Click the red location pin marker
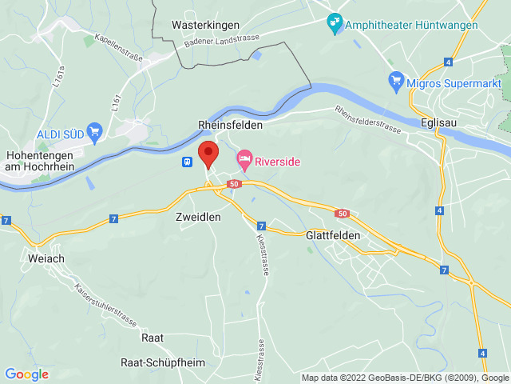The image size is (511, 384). [208, 152]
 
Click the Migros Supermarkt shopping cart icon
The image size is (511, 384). [395, 80]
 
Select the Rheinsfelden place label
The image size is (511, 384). [230, 126]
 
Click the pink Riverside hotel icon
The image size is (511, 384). [244, 161]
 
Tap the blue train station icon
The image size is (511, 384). [187, 162]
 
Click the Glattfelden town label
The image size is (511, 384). [334, 236]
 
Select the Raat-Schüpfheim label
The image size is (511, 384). [162, 362]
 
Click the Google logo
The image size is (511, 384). [26, 374]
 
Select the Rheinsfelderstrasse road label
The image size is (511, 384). [369, 121]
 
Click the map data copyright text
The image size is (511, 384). [406, 378]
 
